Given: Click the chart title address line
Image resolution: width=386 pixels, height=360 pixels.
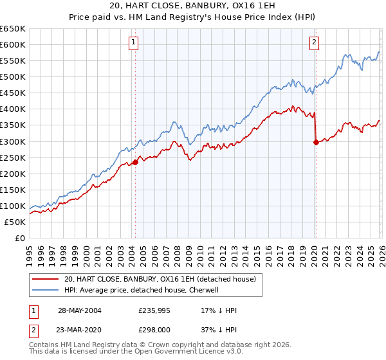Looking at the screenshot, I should (x=192, y=6).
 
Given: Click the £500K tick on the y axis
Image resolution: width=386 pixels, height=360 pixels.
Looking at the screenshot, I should (x=13, y=76).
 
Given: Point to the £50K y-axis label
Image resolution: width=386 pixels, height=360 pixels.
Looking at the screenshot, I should (x=15, y=222).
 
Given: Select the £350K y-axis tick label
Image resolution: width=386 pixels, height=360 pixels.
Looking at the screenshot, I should (x=13, y=125).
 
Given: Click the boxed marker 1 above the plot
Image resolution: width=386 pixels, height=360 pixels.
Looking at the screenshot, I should (x=133, y=43).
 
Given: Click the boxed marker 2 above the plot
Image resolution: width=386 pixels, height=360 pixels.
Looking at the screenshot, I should (x=315, y=43).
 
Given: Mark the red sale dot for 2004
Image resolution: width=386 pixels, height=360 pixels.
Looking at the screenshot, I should (x=136, y=162).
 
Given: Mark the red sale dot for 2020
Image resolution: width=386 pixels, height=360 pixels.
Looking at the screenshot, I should (x=316, y=143).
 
